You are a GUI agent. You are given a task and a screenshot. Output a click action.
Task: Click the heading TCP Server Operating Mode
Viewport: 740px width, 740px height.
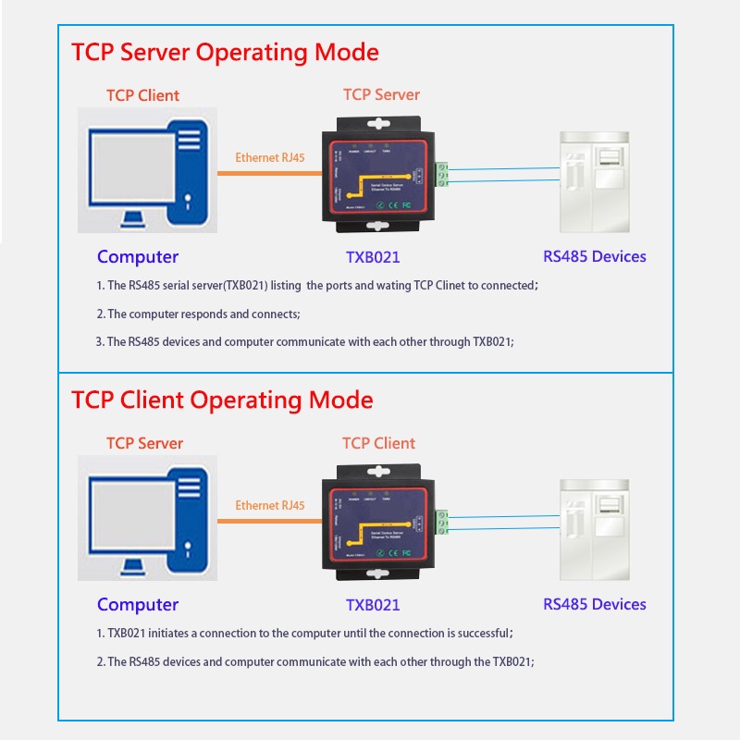click(x=225, y=52)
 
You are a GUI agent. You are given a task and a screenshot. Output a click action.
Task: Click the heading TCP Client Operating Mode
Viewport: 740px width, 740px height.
click(x=222, y=400)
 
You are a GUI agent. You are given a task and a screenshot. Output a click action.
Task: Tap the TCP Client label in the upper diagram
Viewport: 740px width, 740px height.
click(x=142, y=95)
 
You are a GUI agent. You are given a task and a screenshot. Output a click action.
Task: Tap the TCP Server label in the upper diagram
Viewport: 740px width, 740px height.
click(x=381, y=94)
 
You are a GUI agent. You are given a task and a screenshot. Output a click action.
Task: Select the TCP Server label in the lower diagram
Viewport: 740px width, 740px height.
click(x=144, y=443)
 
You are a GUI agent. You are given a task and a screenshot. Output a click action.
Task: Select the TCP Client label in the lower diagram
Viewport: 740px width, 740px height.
click(x=379, y=443)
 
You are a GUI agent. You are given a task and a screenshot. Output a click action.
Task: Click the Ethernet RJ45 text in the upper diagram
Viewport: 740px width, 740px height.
click(x=270, y=157)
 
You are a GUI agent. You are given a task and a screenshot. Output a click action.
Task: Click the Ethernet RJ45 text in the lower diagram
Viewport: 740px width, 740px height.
click(x=270, y=505)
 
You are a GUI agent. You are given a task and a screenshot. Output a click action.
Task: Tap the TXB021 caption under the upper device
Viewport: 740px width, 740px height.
click(x=373, y=257)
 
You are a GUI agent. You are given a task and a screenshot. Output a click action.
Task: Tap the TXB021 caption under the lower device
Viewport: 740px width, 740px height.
click(x=373, y=605)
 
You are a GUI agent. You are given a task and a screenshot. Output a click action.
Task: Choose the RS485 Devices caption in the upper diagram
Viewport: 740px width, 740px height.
click(x=594, y=256)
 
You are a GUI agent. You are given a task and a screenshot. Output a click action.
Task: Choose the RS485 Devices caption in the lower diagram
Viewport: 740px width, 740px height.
click(x=594, y=604)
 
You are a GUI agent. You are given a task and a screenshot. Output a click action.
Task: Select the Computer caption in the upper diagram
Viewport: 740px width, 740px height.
click(x=138, y=257)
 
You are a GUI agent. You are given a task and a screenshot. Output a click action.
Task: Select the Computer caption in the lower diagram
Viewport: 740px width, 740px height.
click(x=138, y=605)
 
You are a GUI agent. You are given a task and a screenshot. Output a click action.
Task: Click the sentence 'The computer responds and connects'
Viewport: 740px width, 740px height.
click(x=203, y=314)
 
